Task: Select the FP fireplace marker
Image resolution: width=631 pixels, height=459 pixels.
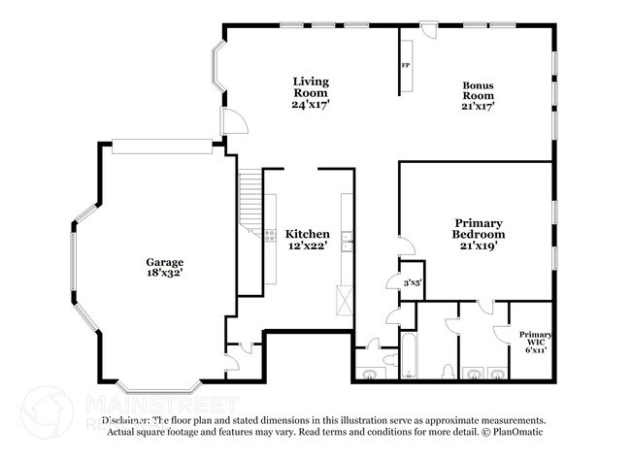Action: tap(406, 66)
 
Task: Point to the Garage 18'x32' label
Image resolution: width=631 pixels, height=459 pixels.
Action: tap(165, 268)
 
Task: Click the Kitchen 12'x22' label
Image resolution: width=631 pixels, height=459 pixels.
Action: tap(307, 240)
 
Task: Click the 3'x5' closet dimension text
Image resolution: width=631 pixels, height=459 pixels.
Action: tap(412, 282)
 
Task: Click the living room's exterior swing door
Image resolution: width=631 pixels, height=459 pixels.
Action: tap(232, 121)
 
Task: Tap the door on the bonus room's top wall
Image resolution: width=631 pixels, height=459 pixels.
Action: tap(427, 31)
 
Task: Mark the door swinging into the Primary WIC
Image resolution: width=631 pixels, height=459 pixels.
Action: tap(505, 330)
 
